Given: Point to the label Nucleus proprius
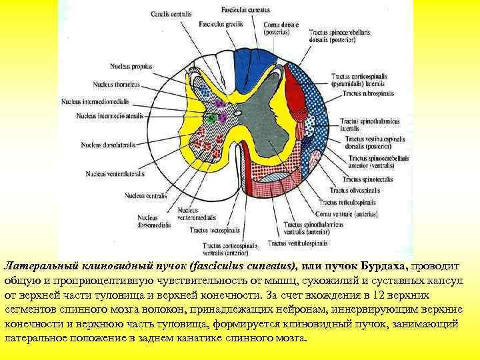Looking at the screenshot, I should (x=132, y=67).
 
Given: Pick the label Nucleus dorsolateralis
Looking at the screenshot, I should (x=105, y=144).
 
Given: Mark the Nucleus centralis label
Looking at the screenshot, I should (x=146, y=196).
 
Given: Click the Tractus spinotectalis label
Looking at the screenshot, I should (x=364, y=179).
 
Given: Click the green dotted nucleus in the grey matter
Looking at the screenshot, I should (x=211, y=118).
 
